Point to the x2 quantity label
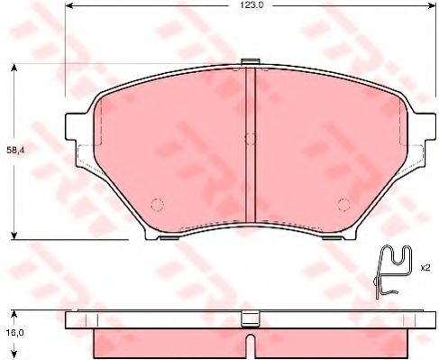[x=425, y=268]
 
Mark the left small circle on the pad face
[x=156, y=203]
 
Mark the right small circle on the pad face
[x=343, y=203]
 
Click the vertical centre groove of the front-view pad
[x=252, y=144]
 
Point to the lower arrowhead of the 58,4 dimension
[x=13, y=237]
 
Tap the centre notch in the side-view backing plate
[x=250, y=319]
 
